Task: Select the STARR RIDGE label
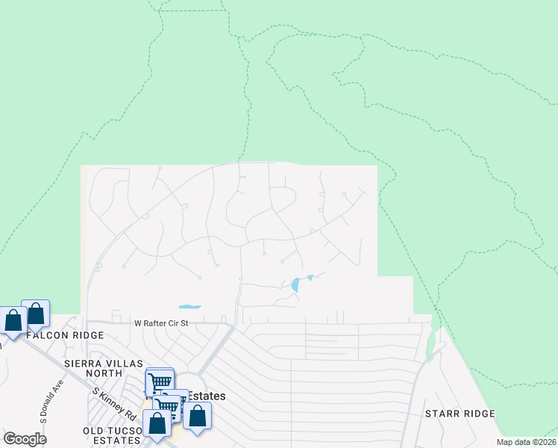[x=460, y=414]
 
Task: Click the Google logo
[x=25, y=439]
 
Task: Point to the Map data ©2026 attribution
[x=525, y=442]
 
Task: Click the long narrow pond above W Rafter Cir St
[x=189, y=306]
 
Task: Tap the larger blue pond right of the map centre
[x=296, y=284]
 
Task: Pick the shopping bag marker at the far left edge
[x=13, y=321]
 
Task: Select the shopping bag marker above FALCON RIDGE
[x=35, y=314]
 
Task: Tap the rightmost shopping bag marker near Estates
[x=197, y=416]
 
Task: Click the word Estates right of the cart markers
[x=207, y=396]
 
